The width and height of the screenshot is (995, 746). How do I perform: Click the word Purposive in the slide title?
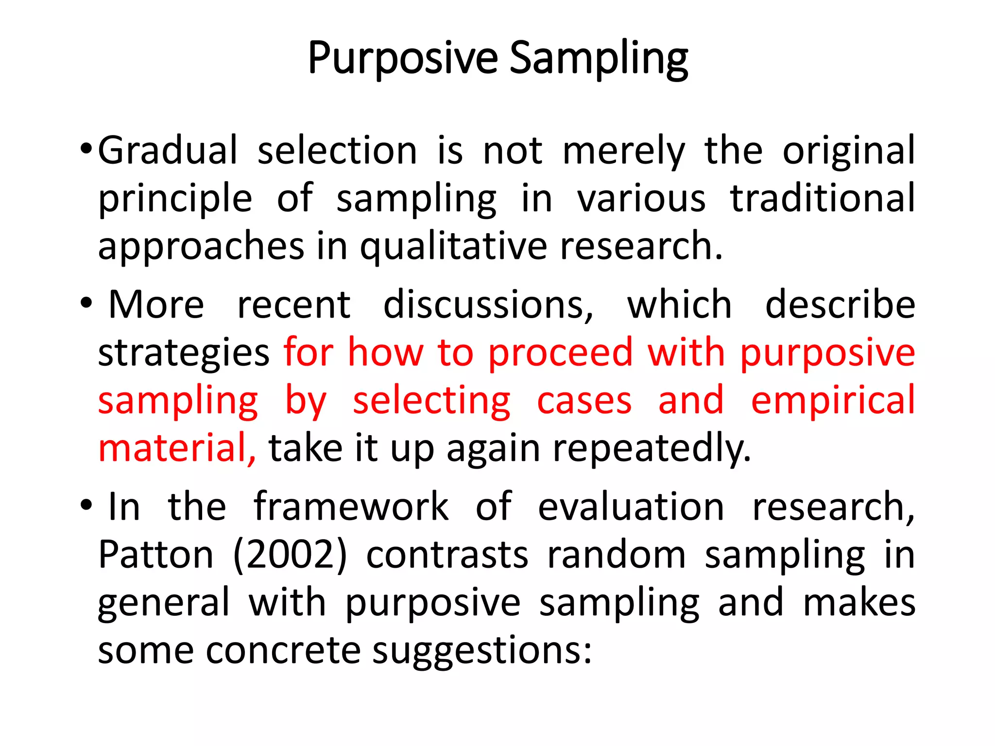[403, 59]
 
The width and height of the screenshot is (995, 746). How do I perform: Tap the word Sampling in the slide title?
[599, 59]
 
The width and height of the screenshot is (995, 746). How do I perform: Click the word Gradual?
[168, 151]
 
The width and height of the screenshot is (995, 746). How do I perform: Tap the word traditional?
[823, 198]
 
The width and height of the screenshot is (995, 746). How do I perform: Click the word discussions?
[488, 305]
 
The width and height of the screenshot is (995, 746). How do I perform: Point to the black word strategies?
[184, 353]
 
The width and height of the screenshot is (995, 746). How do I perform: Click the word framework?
[351, 507]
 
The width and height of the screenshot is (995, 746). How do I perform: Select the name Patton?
[155, 555]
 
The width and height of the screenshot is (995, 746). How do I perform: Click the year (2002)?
[290, 555]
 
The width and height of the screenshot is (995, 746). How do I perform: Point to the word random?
[616, 555]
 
